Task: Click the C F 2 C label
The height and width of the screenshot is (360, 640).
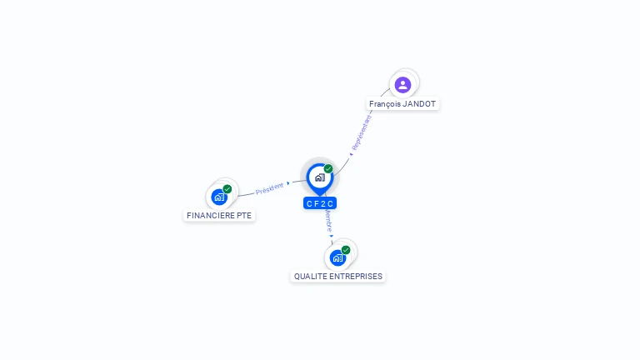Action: pos(320,203)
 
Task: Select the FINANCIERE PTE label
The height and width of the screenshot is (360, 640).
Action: pos(219,215)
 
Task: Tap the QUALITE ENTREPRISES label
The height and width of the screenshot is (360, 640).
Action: pos(338,276)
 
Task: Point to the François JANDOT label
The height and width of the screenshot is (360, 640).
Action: pos(402,104)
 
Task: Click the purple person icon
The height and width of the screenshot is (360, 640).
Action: pos(402,84)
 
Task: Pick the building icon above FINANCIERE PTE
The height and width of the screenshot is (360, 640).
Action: pos(218,197)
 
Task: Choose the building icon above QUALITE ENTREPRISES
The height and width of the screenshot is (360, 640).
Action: pos(337,257)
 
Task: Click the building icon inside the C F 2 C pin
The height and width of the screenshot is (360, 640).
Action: pos(319,177)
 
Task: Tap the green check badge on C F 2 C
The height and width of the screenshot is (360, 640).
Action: pos(328,168)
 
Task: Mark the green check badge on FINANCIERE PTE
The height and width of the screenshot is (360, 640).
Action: pos(227,189)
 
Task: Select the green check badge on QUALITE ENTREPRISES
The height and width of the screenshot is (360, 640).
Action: pos(346,249)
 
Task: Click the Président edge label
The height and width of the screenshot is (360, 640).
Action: pos(269,188)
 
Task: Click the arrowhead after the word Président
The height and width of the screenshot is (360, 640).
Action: pos(288,183)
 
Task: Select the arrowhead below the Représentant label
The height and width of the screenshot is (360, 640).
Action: pos(351,154)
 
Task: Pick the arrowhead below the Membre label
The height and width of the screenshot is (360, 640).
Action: pos(332,236)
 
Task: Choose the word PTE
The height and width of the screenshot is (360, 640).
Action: pos(243,215)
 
